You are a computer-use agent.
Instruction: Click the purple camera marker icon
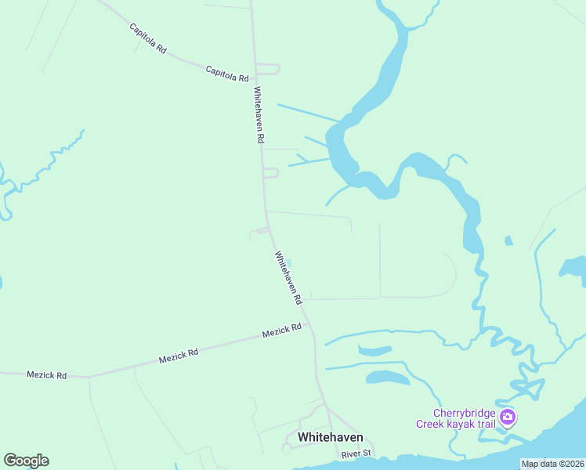(508, 418)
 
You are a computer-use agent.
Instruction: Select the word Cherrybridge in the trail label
(464, 414)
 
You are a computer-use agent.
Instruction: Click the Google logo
(26, 461)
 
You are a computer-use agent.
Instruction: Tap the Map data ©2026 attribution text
(552, 464)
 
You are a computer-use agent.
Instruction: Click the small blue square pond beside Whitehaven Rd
(288, 263)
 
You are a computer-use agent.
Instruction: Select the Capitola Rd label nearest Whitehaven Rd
(226, 74)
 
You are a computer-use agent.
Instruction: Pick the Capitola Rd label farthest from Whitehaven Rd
(148, 38)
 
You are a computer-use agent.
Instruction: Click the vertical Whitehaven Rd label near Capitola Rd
(259, 114)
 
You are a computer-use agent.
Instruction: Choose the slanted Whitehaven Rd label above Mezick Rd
(288, 277)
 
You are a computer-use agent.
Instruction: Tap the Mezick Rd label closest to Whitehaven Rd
(281, 331)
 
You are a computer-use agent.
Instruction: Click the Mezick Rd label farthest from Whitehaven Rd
(46, 375)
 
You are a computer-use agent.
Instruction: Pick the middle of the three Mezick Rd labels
(178, 355)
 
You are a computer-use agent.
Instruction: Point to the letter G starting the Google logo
(10, 461)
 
